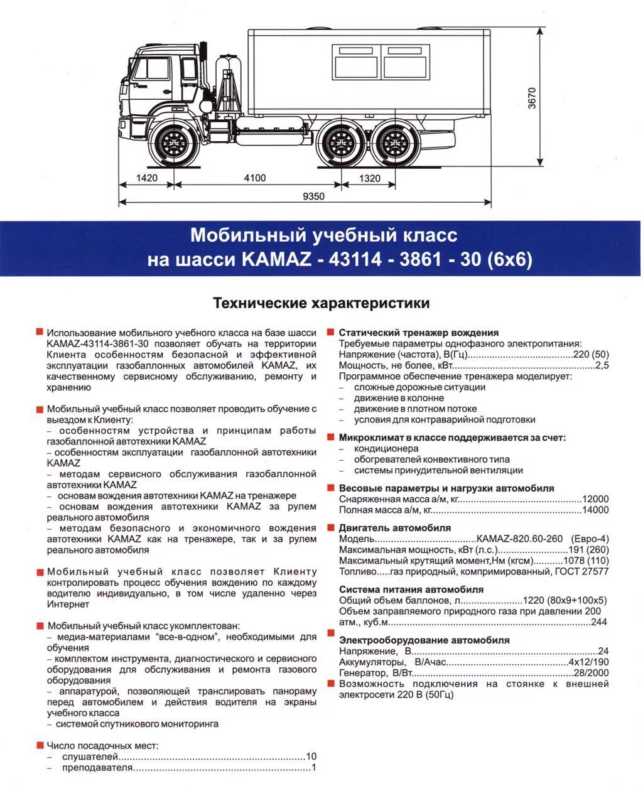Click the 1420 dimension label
point(147,178)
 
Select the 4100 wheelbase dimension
point(255,178)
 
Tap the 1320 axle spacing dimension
point(370,178)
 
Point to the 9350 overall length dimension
point(313,196)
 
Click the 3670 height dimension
point(532,98)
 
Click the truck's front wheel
point(174,144)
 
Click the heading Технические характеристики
point(321,303)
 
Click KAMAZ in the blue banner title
point(276,259)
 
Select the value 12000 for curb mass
point(595,499)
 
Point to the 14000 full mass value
point(595,510)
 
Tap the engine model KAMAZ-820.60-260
point(520,539)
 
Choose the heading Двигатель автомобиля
point(394,528)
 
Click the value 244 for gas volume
point(599,622)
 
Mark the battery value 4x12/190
point(588,662)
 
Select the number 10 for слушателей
point(311,756)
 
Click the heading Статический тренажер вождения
point(418,333)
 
